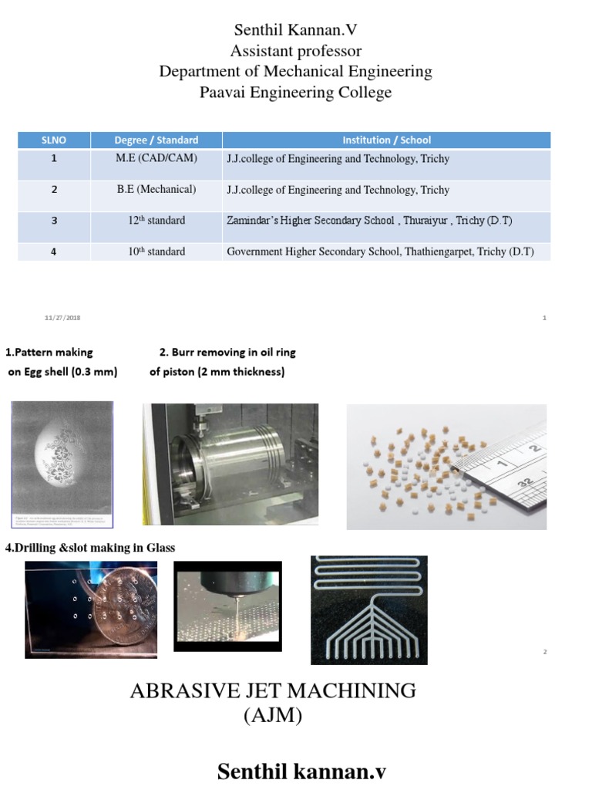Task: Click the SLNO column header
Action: point(54,140)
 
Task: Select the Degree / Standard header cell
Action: point(156,140)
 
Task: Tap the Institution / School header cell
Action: point(386,140)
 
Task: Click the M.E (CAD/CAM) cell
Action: point(156,159)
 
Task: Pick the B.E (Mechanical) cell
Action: point(156,190)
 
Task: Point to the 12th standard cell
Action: point(156,221)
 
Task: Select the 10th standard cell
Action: point(156,252)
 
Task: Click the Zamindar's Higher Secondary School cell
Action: point(369,221)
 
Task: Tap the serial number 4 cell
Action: point(54,252)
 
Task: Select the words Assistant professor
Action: point(295,52)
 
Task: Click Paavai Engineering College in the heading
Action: point(295,93)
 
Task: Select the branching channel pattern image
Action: point(368,609)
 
